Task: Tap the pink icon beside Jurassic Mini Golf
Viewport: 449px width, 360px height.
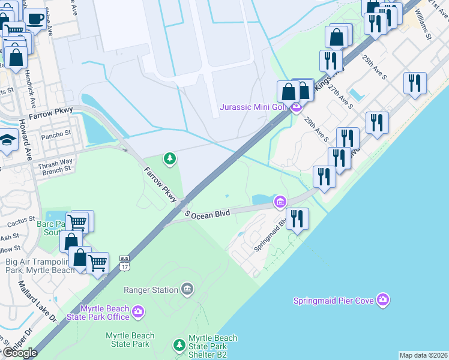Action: click(x=295, y=108)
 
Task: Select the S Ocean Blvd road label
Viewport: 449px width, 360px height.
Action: click(x=208, y=214)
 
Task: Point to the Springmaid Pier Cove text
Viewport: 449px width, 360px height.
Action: click(x=333, y=301)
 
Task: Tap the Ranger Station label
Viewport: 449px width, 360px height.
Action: click(x=150, y=290)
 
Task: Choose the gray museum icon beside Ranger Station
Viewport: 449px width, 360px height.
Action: click(x=187, y=290)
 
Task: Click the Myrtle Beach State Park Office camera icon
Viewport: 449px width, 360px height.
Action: click(x=139, y=311)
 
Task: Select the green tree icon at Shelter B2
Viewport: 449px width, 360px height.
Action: click(x=178, y=345)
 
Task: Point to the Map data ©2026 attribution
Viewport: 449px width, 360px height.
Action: click(x=423, y=355)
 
